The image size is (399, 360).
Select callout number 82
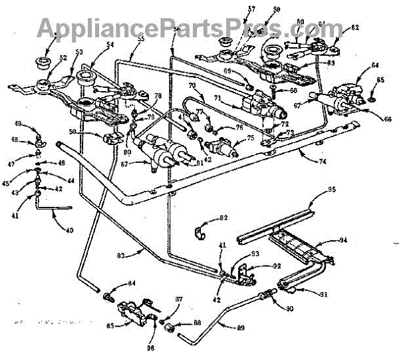pyautogui.click(x=223, y=218)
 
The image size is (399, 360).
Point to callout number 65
pyautogui.click(x=380, y=79)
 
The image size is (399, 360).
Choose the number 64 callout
pyautogui.click(x=376, y=65)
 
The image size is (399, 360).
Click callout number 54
pyautogui.click(x=109, y=44)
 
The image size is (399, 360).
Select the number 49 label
pyautogui.click(x=36, y=123)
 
